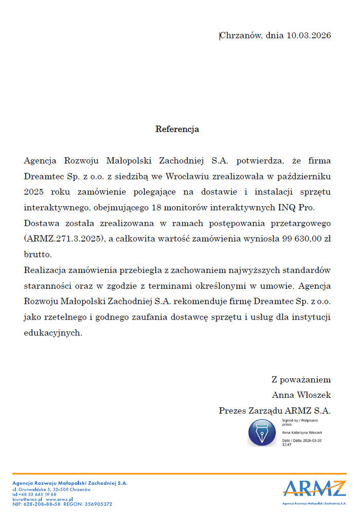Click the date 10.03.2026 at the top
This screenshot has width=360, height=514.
309,35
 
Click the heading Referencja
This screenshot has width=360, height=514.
177,129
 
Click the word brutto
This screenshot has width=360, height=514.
38,254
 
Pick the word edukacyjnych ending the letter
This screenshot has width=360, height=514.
52,333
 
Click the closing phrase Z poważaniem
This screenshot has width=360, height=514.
301,379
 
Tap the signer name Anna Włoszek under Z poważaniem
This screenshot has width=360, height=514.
301,395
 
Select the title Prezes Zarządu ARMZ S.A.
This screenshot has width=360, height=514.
275,411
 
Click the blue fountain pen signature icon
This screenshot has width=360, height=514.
262,432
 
